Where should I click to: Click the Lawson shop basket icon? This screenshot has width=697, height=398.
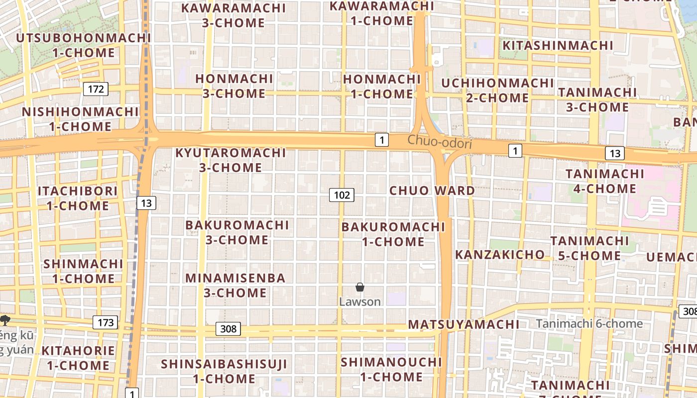pyautogui.click(x=360, y=287)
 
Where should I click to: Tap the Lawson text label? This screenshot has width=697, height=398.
pyautogui.click(x=360, y=301)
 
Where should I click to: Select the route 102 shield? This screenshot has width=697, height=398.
pyautogui.click(x=342, y=195)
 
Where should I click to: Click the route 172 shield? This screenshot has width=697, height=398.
pyautogui.click(x=96, y=89)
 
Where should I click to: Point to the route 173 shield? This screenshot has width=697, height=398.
pyautogui.click(x=106, y=322)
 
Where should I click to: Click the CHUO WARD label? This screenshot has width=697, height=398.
pyautogui.click(x=432, y=191)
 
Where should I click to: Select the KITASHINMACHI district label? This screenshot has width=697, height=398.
pyautogui.click(x=558, y=45)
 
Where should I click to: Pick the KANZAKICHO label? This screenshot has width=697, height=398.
pyautogui.click(x=500, y=255)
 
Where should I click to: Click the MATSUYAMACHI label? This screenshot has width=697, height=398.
pyautogui.click(x=464, y=324)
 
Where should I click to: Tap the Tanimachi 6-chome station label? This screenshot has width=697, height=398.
pyautogui.click(x=589, y=324)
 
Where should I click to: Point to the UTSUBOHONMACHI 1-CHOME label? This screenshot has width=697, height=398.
pyautogui.click(x=84, y=45)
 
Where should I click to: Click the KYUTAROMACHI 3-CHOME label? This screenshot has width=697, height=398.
pyautogui.click(x=231, y=160)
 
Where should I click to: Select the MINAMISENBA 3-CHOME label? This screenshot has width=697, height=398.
pyautogui.click(x=235, y=285)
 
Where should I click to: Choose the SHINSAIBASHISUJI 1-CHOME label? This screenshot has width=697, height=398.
pyautogui.click(x=224, y=371)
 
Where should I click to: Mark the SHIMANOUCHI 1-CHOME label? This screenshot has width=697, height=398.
pyautogui.click(x=391, y=369)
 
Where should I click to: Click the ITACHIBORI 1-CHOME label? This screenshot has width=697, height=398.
pyautogui.click(x=78, y=198)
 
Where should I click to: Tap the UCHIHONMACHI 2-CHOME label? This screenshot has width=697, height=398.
pyautogui.click(x=497, y=90)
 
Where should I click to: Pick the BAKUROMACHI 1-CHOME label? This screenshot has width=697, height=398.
pyautogui.click(x=393, y=234)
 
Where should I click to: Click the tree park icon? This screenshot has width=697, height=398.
pyautogui.click(x=5, y=320)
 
